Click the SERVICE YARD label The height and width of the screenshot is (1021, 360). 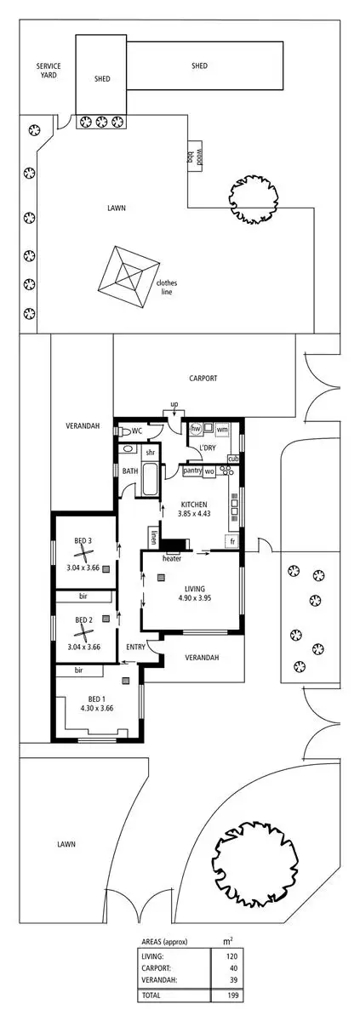47,70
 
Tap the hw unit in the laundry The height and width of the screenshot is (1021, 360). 195,430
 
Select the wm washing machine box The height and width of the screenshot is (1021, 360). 221,430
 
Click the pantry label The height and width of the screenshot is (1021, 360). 191,471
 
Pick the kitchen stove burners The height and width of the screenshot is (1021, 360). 226,471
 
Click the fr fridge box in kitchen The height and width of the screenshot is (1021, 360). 232,541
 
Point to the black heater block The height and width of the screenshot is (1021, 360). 177,545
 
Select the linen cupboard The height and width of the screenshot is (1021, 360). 154,537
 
